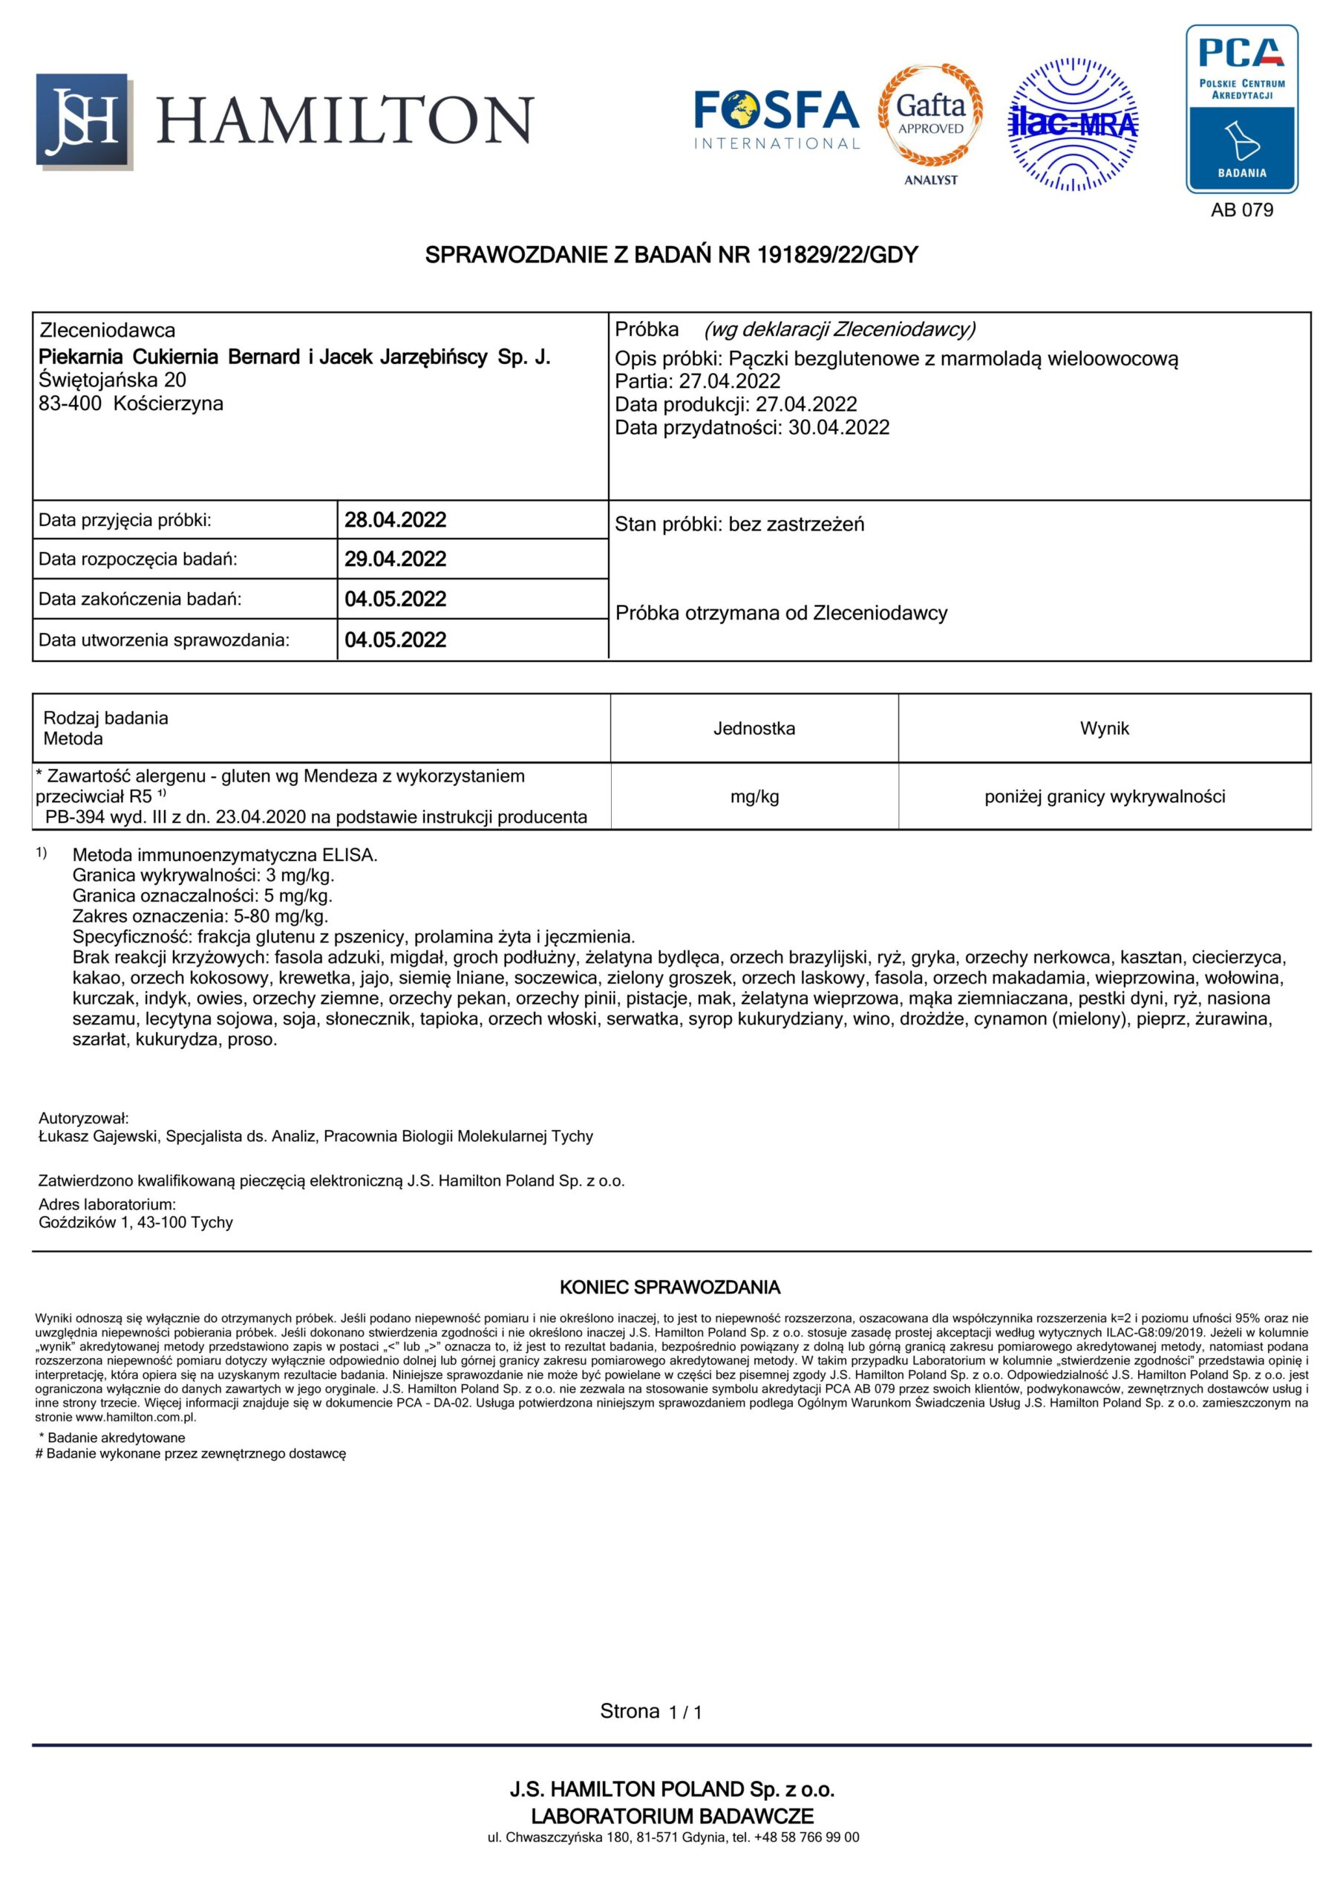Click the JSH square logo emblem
tap(84, 121)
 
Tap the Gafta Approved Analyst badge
tap(931, 122)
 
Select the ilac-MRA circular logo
tap(1072, 124)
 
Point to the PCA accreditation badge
tap(1241, 109)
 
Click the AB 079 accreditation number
tap(1241, 210)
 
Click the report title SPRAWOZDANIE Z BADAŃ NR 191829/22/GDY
tap(671, 255)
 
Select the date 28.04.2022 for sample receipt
tap(395, 520)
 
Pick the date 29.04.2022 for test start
tap(395, 559)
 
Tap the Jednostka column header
tap(754, 729)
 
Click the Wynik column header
tap(1104, 729)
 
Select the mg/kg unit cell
tap(754, 797)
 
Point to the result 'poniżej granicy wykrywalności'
tap(1104, 797)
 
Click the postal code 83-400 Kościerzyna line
tap(131, 404)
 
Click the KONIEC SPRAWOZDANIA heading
tap(670, 1288)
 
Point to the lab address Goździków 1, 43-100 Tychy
tap(136, 1223)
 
